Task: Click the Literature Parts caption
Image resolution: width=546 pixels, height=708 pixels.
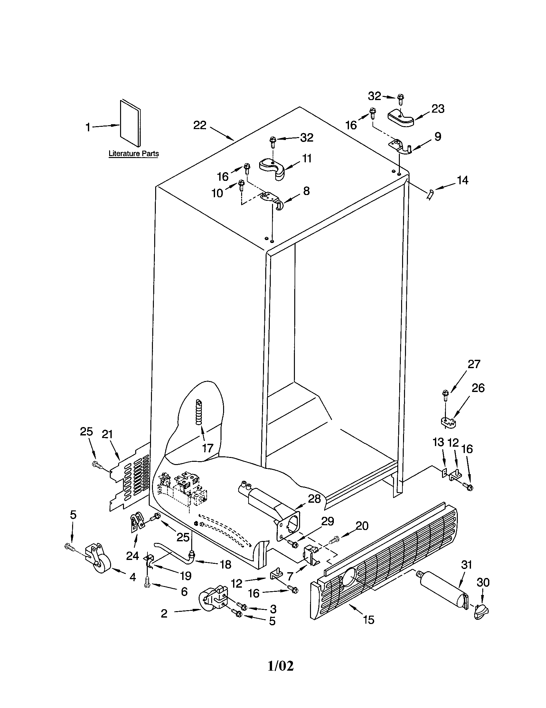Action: tap(133, 153)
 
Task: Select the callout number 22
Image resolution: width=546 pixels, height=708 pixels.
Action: tap(200, 125)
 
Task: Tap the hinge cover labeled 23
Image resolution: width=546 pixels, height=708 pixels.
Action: tap(401, 118)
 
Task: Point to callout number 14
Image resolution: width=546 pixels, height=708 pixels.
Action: tap(463, 180)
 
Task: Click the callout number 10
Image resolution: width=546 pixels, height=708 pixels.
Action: tap(217, 193)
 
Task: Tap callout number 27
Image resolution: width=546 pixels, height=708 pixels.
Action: tap(474, 364)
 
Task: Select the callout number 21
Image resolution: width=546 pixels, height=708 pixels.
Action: tap(107, 434)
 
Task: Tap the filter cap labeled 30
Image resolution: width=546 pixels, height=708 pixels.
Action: tap(481, 612)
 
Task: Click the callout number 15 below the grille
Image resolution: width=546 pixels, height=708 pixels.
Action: tap(369, 620)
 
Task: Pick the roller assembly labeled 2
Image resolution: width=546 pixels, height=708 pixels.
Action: tap(210, 601)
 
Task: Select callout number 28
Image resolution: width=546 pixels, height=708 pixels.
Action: tap(314, 498)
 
